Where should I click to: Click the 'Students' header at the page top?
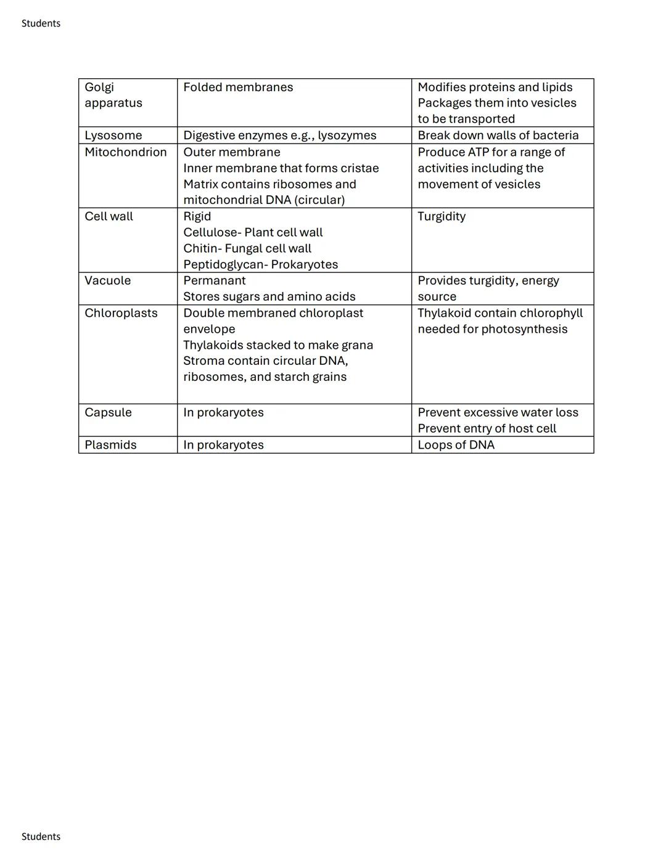[x=41, y=23]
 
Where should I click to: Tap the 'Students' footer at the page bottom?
[x=41, y=836]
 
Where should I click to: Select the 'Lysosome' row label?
[x=113, y=136]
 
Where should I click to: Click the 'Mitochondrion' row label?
[x=126, y=152]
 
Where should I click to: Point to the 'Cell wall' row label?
[x=109, y=216]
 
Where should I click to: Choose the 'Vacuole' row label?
[x=108, y=280]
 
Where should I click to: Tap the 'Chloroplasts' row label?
[x=121, y=313]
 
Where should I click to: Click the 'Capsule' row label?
[x=108, y=412]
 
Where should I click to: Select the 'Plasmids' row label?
[x=110, y=445]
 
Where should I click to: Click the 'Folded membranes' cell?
[x=238, y=88]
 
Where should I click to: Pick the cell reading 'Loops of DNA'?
[x=456, y=445]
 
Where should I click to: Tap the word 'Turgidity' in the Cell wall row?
[x=442, y=216]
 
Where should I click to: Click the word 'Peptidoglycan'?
[x=223, y=264]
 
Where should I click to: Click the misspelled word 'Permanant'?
[x=214, y=280]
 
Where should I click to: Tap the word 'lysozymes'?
[x=347, y=136]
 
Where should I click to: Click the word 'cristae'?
[x=358, y=168]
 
